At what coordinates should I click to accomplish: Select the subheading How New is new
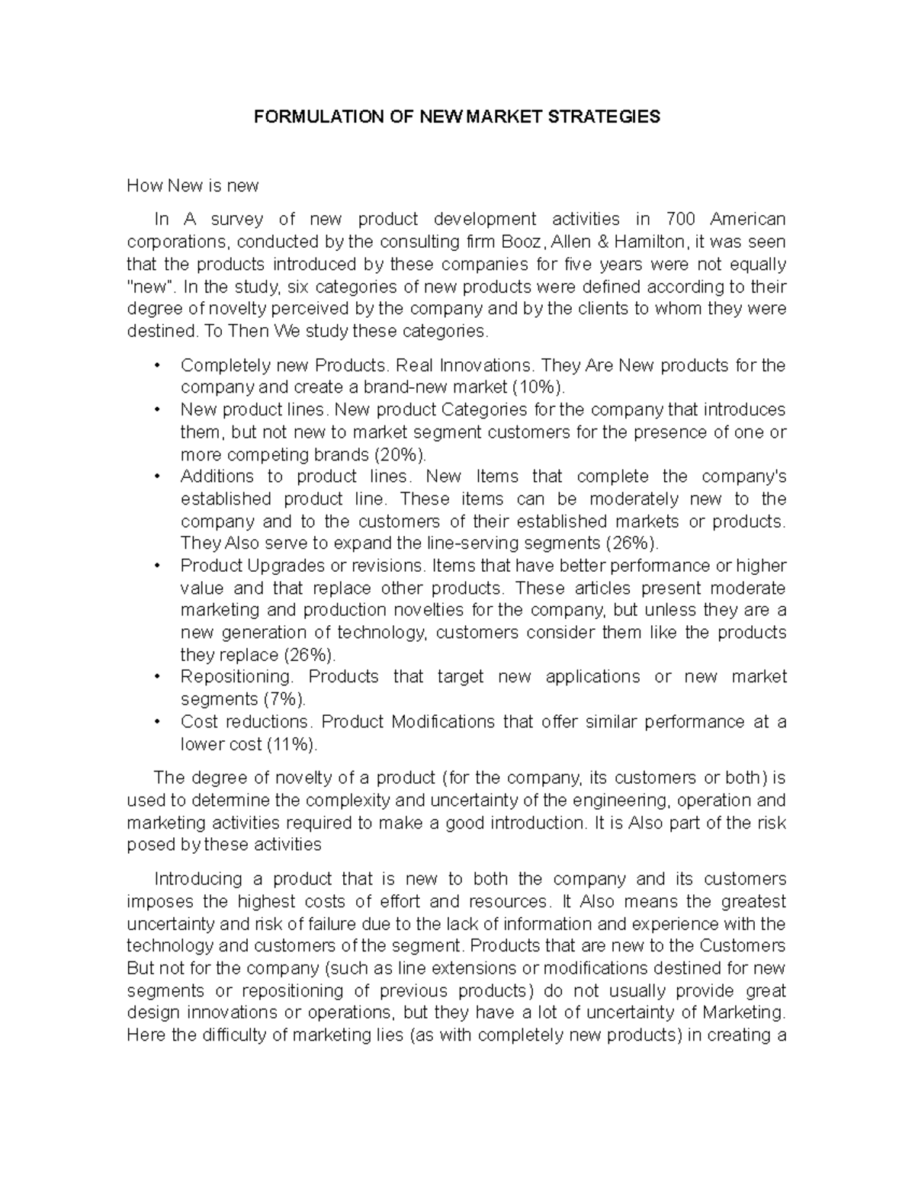(192, 185)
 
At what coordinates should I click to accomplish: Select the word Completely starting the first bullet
(217, 365)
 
